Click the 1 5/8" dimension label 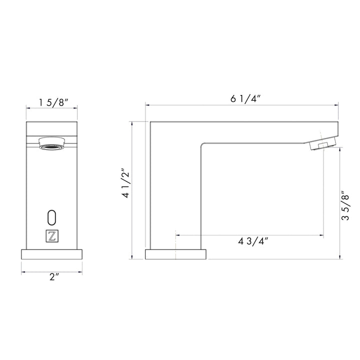coord(53,102)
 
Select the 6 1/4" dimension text coord(245,98)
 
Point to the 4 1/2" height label coord(126,183)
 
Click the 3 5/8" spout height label coord(345,205)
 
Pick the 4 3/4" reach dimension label coord(253,241)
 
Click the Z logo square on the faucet coord(52,236)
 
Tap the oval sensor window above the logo coord(52,217)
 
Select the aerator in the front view coord(52,143)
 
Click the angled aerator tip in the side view coord(322,143)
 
